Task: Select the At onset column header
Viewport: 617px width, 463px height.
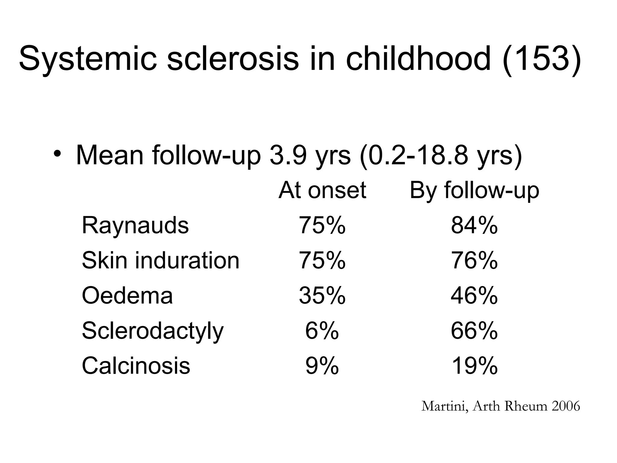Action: point(322,190)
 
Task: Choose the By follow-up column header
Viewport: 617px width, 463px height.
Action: point(474,190)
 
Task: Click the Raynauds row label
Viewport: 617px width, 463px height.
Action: point(135,225)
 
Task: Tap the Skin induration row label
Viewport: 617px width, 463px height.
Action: point(161,260)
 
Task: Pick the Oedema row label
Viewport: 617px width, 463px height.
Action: point(127,295)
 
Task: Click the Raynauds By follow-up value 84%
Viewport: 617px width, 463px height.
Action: point(474,225)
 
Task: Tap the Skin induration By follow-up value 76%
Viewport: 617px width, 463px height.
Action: point(474,260)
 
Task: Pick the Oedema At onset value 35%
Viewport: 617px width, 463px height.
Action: point(322,295)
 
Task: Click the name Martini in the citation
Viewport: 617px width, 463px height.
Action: point(444,406)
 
